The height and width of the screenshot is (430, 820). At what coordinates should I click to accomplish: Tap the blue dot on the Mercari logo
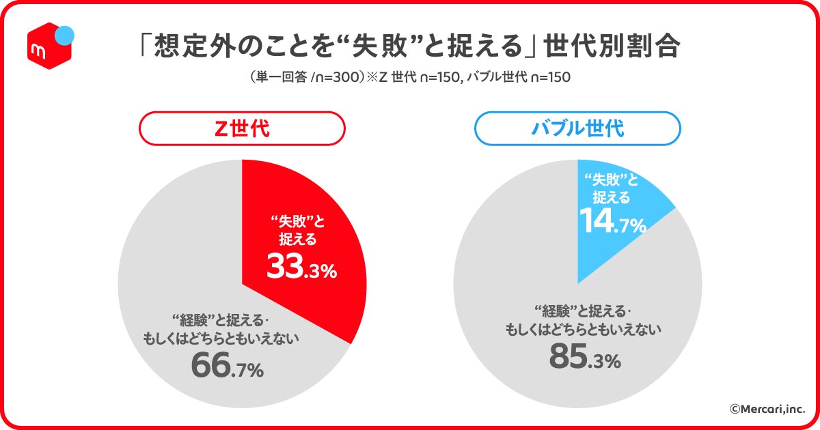[64, 34]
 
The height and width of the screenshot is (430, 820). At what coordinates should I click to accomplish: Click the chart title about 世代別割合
[409, 46]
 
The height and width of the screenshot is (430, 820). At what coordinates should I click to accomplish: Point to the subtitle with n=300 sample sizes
[409, 77]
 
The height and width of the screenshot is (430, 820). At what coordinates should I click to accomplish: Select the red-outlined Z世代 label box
[242, 128]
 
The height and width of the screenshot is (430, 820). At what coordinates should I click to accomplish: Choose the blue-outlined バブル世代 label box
[577, 128]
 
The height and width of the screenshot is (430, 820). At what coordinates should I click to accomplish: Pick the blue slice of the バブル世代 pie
[615, 205]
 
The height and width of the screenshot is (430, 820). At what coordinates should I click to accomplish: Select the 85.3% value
[585, 358]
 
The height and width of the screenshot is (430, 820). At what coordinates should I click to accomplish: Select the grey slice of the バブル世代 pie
[519, 273]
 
